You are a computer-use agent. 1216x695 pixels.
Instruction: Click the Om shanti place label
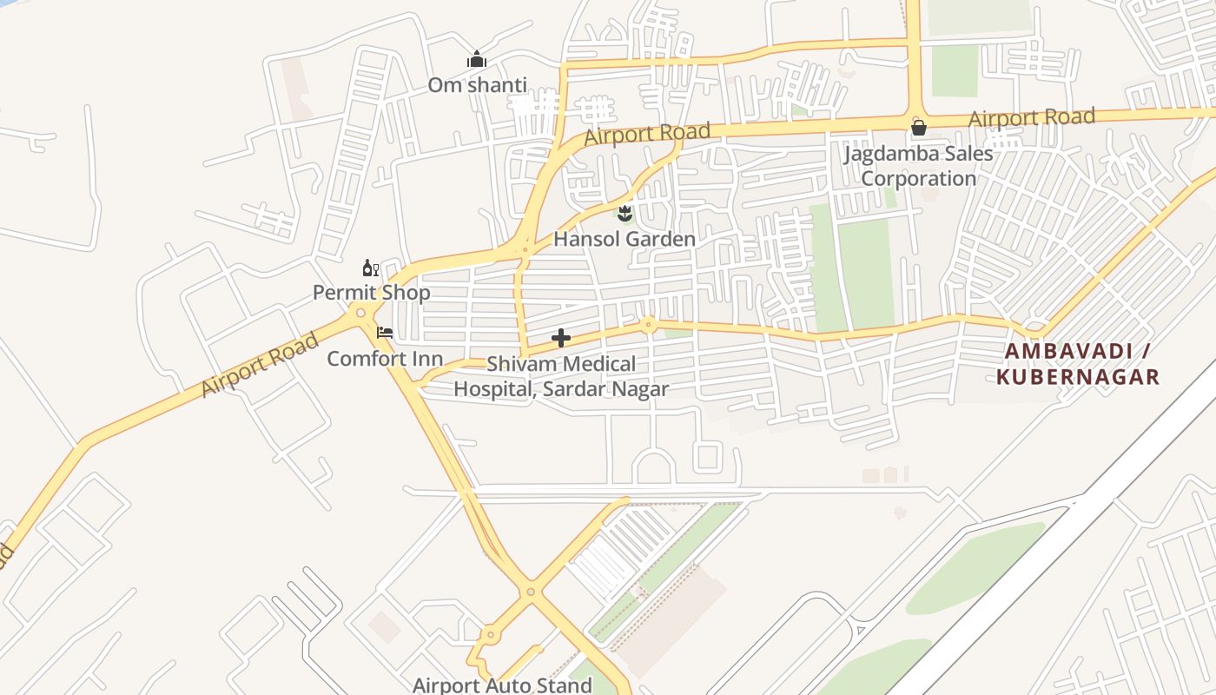coord(477,85)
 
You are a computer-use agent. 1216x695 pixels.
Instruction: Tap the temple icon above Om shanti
coord(477,60)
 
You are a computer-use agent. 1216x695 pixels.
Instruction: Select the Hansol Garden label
coord(625,239)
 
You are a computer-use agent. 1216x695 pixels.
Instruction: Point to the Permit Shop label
coord(371,293)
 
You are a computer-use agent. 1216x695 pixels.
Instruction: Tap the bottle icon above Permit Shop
coord(371,268)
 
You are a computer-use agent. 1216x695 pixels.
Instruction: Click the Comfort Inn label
coord(385,359)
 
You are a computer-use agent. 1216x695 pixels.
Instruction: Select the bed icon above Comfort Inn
coord(385,333)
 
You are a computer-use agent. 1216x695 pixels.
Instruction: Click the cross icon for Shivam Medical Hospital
coord(561,338)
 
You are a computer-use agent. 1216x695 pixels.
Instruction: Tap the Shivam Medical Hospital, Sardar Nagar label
coord(561,376)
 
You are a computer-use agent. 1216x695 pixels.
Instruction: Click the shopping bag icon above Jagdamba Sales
coord(919,129)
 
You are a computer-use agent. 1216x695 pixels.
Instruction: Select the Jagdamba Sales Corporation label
coord(919,166)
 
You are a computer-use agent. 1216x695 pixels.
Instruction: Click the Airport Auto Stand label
coord(502,685)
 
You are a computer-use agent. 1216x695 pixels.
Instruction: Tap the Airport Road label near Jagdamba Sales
coord(1031,116)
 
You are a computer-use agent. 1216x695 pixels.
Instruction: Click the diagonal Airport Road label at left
coord(260,365)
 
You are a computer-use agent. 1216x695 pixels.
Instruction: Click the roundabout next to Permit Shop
coord(360,313)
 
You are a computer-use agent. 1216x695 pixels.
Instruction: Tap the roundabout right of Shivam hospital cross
coord(647,325)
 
